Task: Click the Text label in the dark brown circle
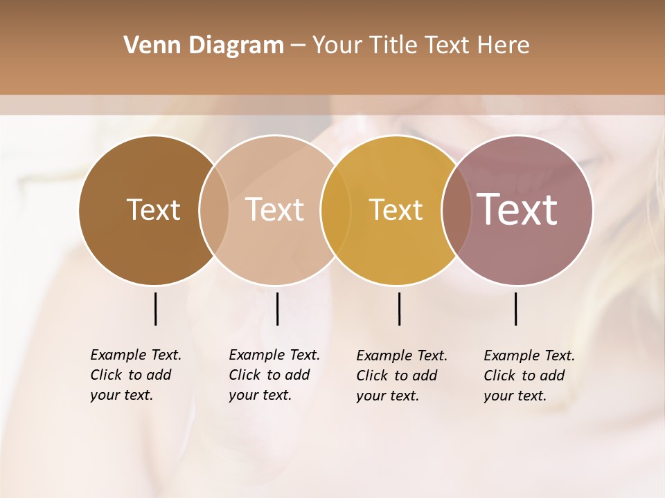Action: click(153, 210)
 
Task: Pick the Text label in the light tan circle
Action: click(274, 210)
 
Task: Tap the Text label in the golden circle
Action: click(396, 210)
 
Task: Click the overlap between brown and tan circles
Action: click(214, 210)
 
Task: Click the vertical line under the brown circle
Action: click(155, 308)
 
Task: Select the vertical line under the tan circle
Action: click(277, 308)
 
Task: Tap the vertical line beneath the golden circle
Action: click(399, 308)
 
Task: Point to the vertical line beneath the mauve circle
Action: click(515, 308)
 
